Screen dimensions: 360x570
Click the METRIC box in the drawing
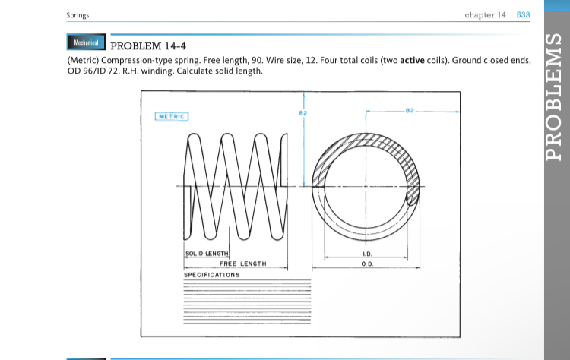click(x=172, y=116)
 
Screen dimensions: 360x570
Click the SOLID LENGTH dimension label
click(x=207, y=253)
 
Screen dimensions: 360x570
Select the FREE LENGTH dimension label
click(x=242, y=263)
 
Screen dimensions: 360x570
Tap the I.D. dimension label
click(x=366, y=253)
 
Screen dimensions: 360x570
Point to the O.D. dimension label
click(x=366, y=263)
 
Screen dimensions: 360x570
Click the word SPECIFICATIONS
click(x=212, y=274)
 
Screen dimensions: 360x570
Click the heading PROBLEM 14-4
click(x=149, y=45)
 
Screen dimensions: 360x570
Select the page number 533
click(x=524, y=15)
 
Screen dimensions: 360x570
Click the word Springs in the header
click(x=78, y=16)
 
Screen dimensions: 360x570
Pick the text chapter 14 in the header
click(x=485, y=15)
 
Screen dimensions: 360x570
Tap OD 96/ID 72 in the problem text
click(x=93, y=71)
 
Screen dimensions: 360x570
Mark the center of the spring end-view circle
click(x=366, y=186)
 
